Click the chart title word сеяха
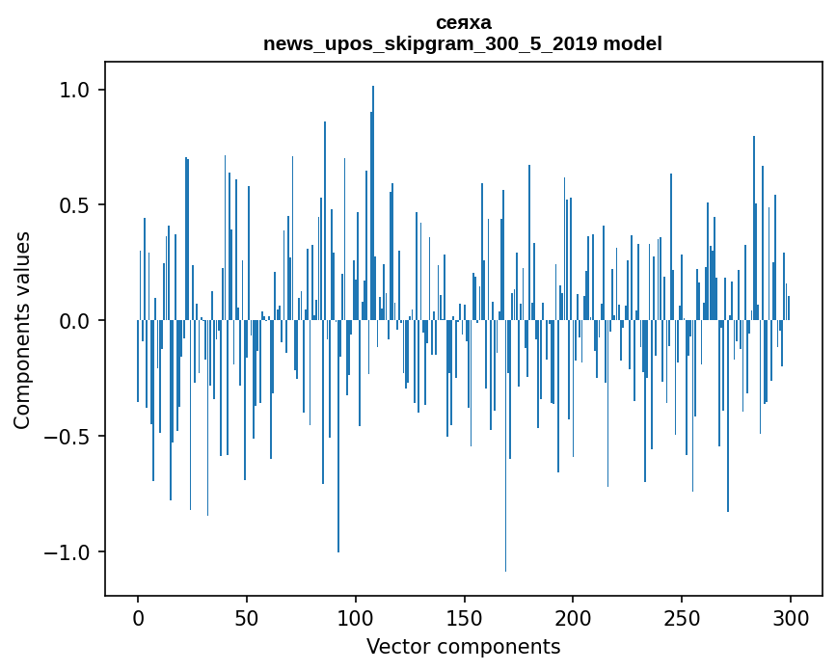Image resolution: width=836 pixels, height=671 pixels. [463, 23]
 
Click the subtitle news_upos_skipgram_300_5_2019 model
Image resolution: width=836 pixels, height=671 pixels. [463, 43]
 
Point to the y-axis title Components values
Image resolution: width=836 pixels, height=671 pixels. [22, 330]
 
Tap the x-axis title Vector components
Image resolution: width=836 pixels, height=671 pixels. [463, 646]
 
